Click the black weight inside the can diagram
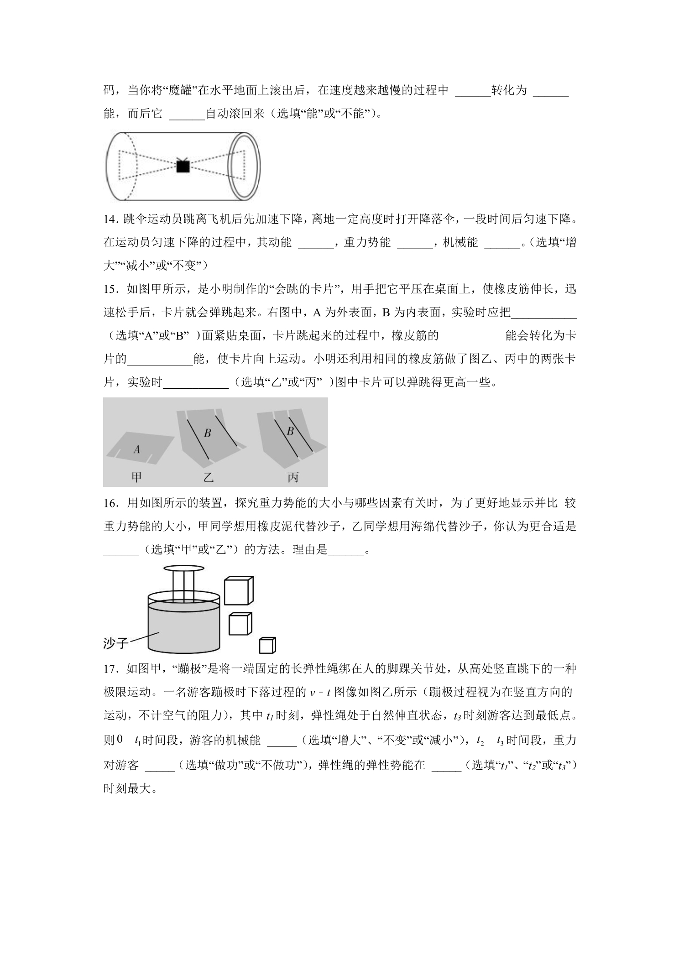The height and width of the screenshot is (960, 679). (183, 166)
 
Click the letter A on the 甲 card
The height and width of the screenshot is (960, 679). (137, 449)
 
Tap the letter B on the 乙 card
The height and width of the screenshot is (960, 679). (208, 433)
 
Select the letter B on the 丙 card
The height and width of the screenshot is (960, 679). (290, 430)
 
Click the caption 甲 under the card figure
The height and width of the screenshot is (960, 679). (136, 477)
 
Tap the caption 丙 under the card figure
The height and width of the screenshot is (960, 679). (293, 477)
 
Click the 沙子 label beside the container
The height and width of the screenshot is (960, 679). (115, 643)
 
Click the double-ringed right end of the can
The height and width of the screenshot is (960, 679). (244, 167)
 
